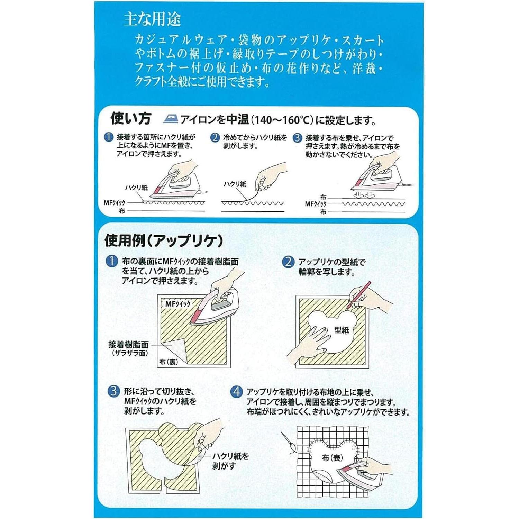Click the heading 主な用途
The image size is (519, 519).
tap(152, 20)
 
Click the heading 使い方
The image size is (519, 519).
tap(131, 118)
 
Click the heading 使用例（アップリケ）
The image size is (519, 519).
tap(164, 240)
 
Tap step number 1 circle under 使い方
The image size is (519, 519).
tap(109, 137)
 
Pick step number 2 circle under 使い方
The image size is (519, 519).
tap(215, 138)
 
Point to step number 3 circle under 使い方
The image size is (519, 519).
tap(297, 138)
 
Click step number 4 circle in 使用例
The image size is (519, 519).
tap(237, 392)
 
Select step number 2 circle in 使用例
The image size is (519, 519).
tap(288, 262)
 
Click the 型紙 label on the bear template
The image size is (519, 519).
tap(342, 330)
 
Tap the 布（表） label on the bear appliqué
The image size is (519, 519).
tap(332, 458)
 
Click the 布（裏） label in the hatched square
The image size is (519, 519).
tap(169, 362)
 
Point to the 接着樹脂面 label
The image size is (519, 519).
tap(128, 345)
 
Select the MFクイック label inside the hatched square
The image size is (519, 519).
tap(178, 304)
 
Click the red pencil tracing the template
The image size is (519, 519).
tap(358, 295)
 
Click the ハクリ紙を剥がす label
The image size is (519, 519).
tap(230, 461)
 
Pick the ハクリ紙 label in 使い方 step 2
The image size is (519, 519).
tap(235, 184)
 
